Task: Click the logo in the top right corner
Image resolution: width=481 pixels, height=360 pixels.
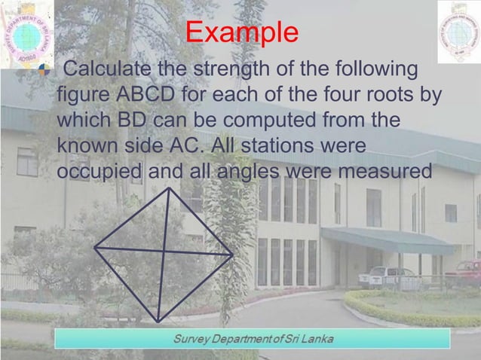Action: pos(458,32)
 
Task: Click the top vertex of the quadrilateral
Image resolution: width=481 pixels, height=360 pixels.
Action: pos(167,188)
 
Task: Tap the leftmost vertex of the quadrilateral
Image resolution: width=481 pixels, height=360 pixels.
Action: pos(95,246)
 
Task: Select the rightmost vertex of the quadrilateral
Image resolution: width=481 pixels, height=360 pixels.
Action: pos(233,255)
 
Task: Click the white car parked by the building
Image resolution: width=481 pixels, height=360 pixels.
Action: pos(388,277)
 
